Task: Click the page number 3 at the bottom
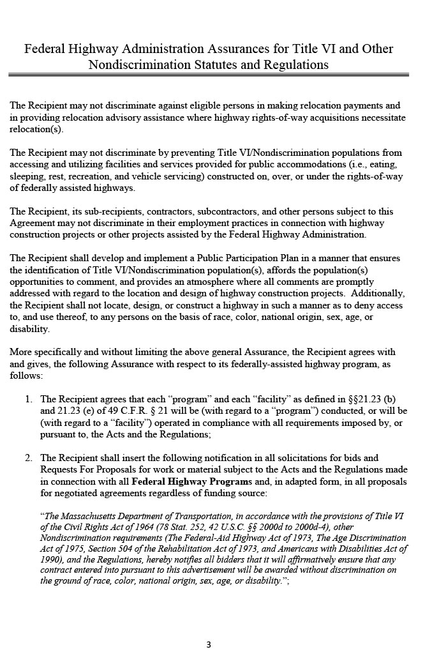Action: [x=208, y=644]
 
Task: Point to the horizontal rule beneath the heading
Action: [x=209, y=75]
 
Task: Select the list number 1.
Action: [x=29, y=399]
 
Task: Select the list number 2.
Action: [x=29, y=458]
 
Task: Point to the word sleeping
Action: [x=27, y=176]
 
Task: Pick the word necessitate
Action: [x=382, y=118]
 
